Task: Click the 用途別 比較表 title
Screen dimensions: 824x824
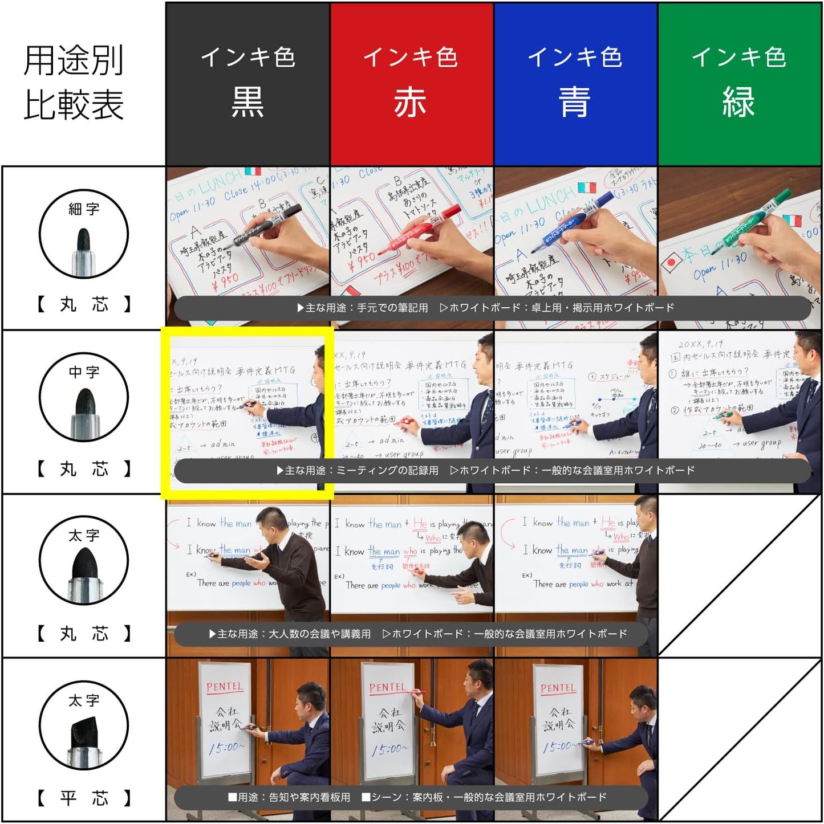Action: pos(74,83)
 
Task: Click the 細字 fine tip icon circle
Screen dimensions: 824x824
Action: pos(84,234)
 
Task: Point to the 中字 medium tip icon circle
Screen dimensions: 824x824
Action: pos(84,398)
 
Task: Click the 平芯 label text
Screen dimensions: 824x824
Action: pos(84,798)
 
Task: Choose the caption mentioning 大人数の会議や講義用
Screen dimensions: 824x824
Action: pos(418,634)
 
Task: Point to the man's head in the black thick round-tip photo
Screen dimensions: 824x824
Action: pos(271,521)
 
